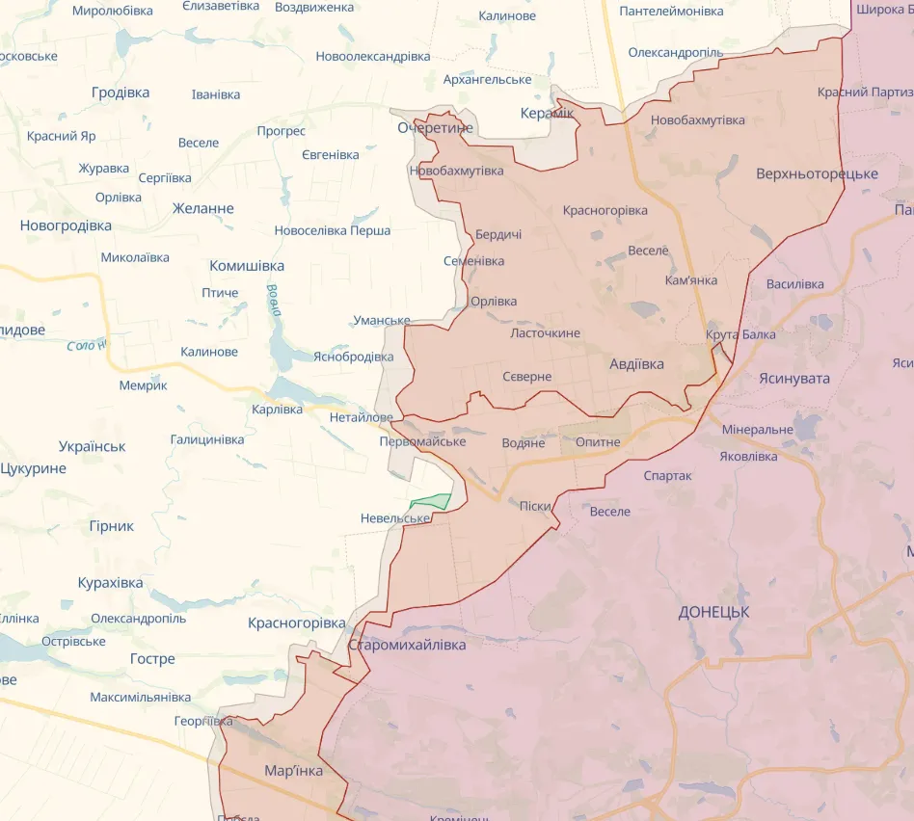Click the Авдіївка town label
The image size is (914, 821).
point(636,364)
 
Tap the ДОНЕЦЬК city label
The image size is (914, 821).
point(713,612)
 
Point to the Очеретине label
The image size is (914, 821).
point(436,127)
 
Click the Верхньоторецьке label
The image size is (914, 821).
point(817,173)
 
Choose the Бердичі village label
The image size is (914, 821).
point(498,235)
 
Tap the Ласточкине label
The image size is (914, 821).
point(545,332)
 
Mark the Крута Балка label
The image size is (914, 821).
point(740,334)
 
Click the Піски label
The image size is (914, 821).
point(535,506)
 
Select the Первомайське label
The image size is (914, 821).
point(422,441)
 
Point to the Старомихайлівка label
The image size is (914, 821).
point(407,645)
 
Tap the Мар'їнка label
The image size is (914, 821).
point(293,771)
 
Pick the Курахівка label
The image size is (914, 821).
point(110,583)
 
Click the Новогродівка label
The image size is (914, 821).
point(66,225)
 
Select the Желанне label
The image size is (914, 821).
point(202,208)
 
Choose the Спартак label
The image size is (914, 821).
point(667,475)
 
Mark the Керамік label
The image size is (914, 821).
point(547,113)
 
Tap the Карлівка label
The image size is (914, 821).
point(277,410)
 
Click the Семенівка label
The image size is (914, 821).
point(473,261)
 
